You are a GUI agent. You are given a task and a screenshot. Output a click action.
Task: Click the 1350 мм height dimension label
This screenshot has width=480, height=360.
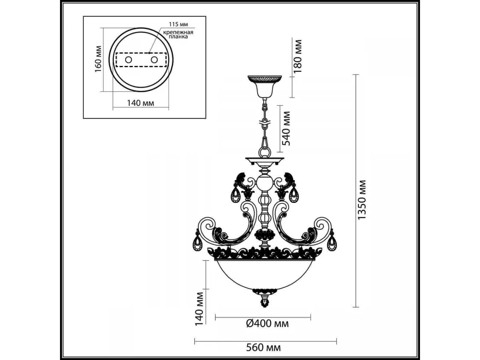(361, 200)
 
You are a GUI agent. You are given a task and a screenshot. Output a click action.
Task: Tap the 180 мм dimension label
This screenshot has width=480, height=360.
(298, 56)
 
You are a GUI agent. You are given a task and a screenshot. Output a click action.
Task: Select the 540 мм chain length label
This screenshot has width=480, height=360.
(286, 128)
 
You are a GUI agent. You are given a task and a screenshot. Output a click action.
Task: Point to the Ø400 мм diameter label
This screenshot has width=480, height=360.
(267, 323)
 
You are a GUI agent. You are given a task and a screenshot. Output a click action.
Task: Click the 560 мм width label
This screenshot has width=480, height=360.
(264, 347)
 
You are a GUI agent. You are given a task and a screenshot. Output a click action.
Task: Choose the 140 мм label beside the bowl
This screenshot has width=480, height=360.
(199, 309)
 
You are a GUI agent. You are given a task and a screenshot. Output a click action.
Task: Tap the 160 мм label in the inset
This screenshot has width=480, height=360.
(98, 59)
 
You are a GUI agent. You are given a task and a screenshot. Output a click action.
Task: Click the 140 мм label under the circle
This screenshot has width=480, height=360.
(141, 103)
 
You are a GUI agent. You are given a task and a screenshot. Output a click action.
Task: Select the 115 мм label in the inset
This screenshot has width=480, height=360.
(178, 24)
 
